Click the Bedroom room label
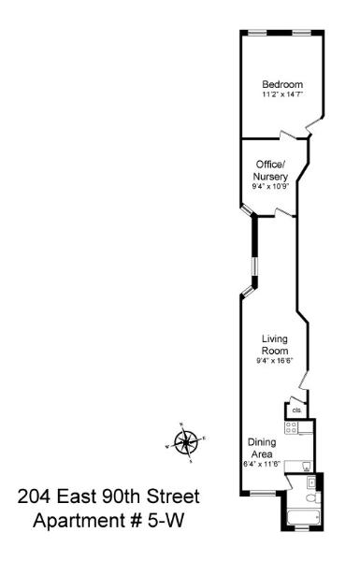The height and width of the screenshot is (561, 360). pyautogui.click(x=282, y=84)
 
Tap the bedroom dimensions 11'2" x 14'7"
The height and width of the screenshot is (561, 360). pyautogui.click(x=282, y=94)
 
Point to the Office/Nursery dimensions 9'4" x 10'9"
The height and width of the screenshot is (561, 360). pyautogui.click(x=270, y=186)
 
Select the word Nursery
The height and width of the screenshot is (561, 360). pyautogui.click(x=270, y=177)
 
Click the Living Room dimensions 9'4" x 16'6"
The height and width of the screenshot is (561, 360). pyautogui.click(x=275, y=361)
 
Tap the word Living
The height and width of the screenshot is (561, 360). pyautogui.click(x=275, y=338)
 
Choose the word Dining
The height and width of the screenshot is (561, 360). pyautogui.click(x=263, y=442)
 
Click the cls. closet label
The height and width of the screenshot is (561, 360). pyautogui.click(x=296, y=410)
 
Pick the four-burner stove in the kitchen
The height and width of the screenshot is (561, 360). pyautogui.click(x=291, y=427)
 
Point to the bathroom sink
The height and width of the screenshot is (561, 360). pyautogui.click(x=311, y=482)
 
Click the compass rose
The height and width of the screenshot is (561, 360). pyautogui.click(x=186, y=442)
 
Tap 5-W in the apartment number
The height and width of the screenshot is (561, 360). pyautogui.click(x=166, y=521)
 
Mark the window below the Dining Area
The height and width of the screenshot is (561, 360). pyautogui.click(x=263, y=494)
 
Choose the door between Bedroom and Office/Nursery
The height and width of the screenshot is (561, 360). pyautogui.click(x=288, y=136)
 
